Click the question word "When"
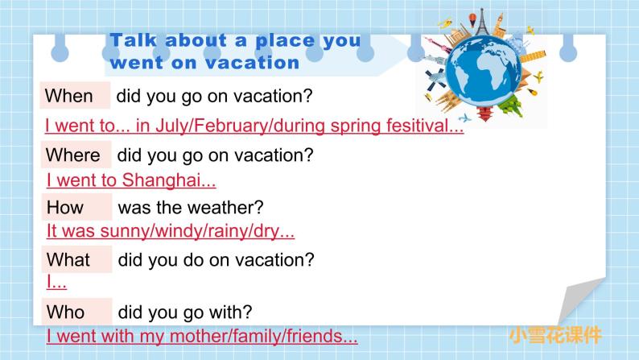click(69, 97)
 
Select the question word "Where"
click(72, 155)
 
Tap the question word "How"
click(65, 207)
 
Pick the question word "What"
click(68, 260)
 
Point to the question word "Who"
click(66, 311)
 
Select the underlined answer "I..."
click(56, 283)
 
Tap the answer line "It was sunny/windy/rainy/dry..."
click(171, 232)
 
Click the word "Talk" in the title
click(131, 41)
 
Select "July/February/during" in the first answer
click(225, 126)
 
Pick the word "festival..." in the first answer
click(421, 126)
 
